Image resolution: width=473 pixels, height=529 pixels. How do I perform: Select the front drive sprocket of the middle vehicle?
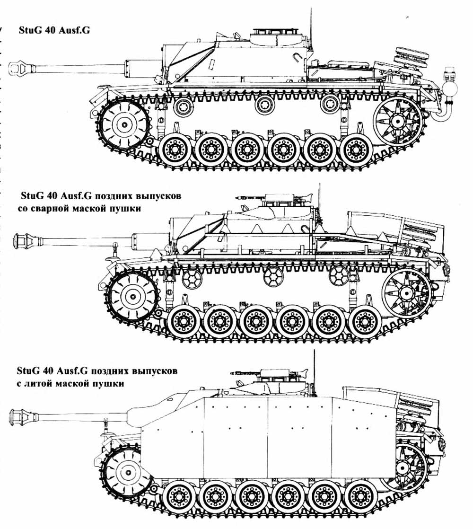[x=131, y=297]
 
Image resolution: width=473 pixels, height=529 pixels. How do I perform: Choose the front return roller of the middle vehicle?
[x=192, y=278]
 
